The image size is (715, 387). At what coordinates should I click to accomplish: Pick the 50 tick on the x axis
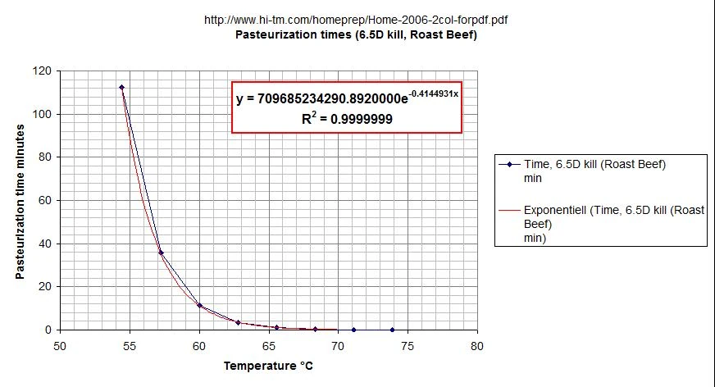click(60, 345)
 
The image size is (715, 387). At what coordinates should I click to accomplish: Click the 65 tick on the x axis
click(268, 345)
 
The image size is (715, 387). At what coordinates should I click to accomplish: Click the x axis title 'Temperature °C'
click(268, 367)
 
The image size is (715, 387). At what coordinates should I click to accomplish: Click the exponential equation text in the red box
click(347, 98)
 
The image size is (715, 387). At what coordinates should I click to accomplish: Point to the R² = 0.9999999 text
click(347, 119)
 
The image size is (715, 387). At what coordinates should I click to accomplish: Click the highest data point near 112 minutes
click(121, 87)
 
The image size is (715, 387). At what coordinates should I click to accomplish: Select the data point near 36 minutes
click(161, 253)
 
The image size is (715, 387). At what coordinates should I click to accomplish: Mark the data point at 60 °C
click(199, 305)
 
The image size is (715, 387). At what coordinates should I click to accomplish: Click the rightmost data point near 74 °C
click(392, 330)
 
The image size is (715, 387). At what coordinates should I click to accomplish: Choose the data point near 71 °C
click(353, 330)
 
